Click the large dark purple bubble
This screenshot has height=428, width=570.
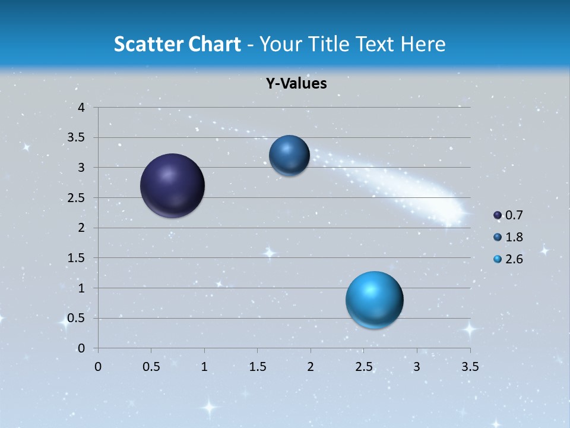pos(172,185)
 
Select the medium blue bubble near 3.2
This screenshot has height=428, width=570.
pos(289,155)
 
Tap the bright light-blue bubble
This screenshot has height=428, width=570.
pos(374,300)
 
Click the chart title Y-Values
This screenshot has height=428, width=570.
pos(296,84)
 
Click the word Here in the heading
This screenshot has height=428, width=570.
pos(423,43)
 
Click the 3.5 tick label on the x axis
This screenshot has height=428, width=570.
pos(470,367)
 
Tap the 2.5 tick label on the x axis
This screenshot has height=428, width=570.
pos(363,367)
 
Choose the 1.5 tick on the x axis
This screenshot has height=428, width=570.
pos(257,367)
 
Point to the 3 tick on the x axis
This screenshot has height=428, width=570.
pos(417,367)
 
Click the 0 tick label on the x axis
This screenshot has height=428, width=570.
pos(98,367)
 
